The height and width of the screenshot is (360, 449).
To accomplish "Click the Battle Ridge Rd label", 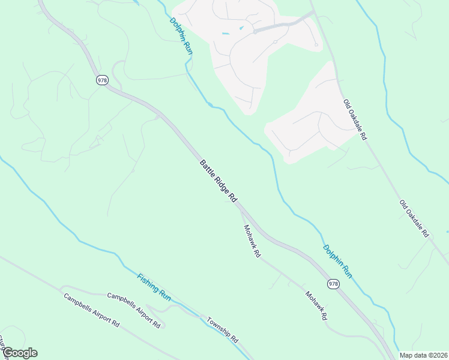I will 219,181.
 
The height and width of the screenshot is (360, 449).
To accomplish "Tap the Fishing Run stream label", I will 154,287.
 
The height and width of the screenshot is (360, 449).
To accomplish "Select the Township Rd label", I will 223,329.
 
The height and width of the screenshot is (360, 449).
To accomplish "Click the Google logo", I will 19,353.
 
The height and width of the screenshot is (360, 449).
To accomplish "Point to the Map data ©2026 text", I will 423,355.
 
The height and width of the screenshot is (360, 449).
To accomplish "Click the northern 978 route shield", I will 102,80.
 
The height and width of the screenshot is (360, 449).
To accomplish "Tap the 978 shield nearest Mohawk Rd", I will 333,283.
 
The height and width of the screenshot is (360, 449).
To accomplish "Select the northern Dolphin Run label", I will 181,37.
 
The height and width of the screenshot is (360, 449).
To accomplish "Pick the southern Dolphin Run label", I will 337,261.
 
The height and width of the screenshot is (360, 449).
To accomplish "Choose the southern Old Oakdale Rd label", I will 414,218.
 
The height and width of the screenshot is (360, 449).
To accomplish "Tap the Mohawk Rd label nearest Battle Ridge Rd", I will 252,241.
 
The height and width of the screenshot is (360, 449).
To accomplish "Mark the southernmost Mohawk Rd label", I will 316,305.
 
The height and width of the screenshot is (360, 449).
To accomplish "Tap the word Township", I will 218,326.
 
